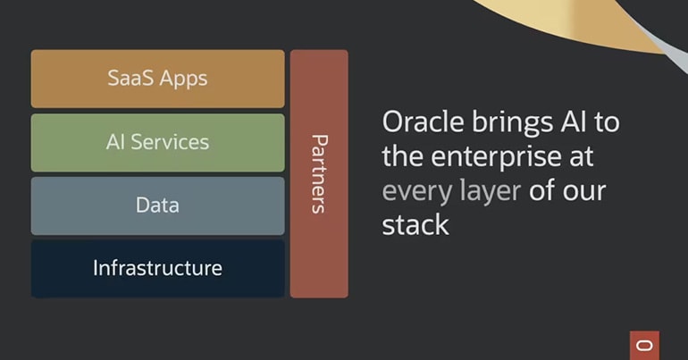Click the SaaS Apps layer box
(x=157, y=79)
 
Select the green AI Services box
(x=157, y=143)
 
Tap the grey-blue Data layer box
(x=157, y=205)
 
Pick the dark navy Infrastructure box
(x=157, y=268)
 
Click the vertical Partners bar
(x=319, y=173)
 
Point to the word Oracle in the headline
(x=423, y=121)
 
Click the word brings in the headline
(x=512, y=123)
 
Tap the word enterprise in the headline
(x=496, y=157)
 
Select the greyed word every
(x=416, y=193)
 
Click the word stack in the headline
(x=415, y=224)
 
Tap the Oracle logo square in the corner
(x=644, y=346)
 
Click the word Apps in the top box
(x=183, y=80)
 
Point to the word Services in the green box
(x=170, y=142)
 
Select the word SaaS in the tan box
(x=130, y=78)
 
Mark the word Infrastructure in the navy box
(x=157, y=268)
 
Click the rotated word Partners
(x=319, y=174)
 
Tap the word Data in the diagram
(x=157, y=205)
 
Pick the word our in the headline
(x=584, y=192)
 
